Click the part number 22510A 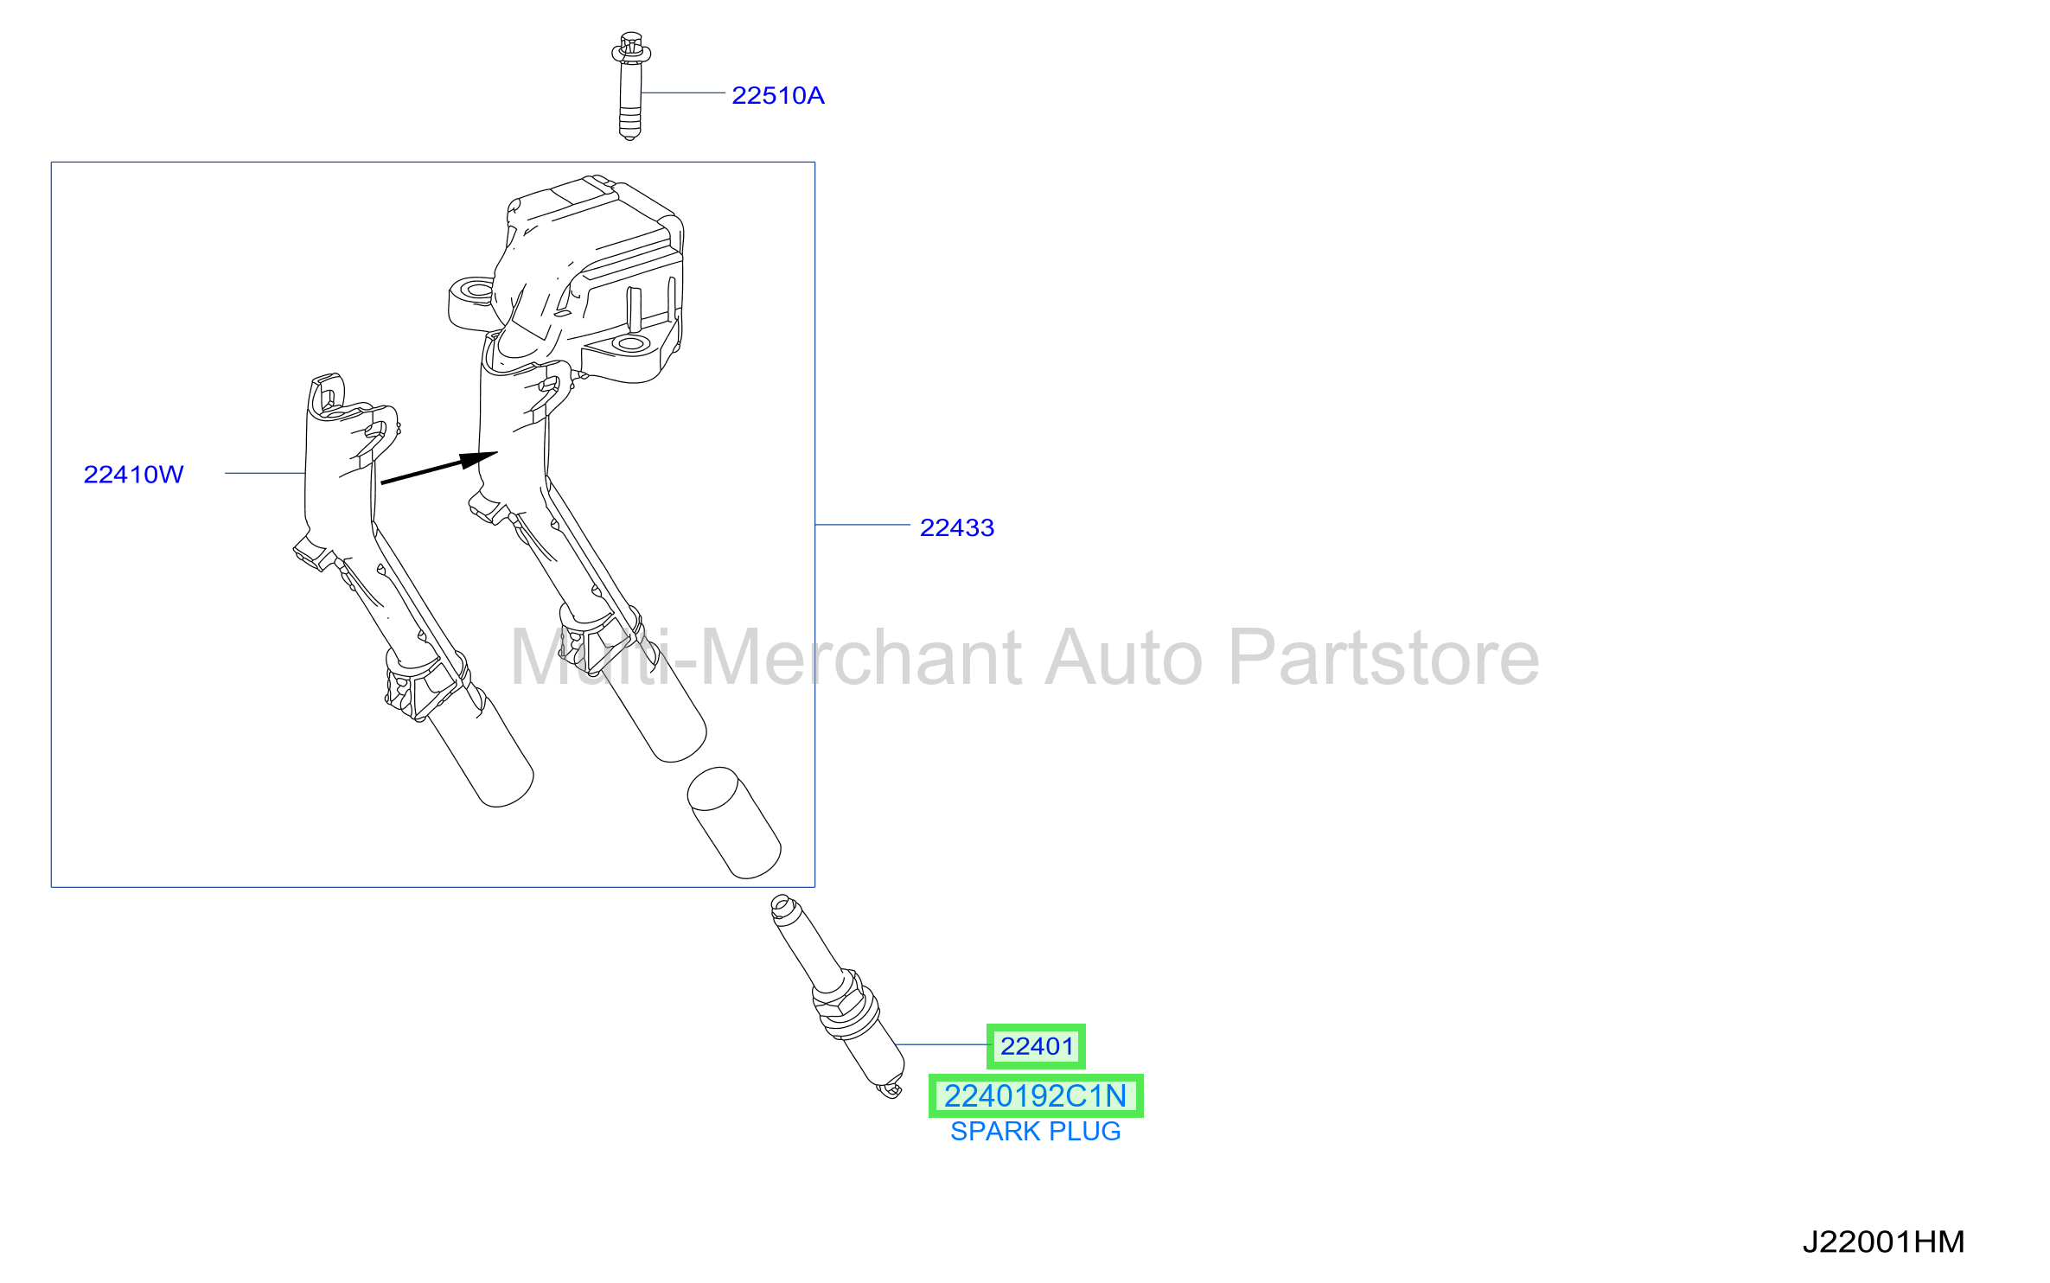click(x=777, y=95)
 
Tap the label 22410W click(x=133, y=474)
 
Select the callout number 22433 click(x=956, y=527)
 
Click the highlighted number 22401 click(x=1036, y=1046)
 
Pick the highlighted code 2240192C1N click(x=1035, y=1095)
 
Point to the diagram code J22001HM click(x=1883, y=1242)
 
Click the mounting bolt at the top click(x=630, y=86)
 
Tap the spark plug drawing click(x=837, y=995)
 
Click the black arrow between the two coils click(x=439, y=468)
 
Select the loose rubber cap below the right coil click(x=734, y=822)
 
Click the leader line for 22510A click(x=683, y=93)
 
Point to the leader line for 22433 click(x=862, y=525)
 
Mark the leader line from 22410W click(x=265, y=473)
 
